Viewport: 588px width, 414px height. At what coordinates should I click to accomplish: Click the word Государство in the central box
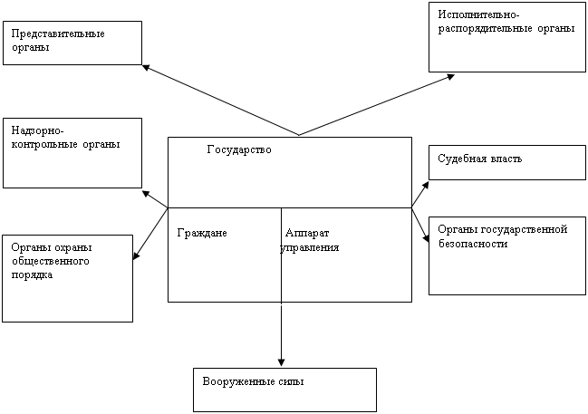click(239, 150)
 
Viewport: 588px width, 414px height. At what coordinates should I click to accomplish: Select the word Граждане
click(202, 233)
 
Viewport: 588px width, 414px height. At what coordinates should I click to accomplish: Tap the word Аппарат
click(307, 233)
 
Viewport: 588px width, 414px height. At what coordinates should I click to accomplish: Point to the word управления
click(310, 248)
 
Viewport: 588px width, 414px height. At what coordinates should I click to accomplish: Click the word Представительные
click(58, 34)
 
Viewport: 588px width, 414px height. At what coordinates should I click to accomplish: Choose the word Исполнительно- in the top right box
click(479, 15)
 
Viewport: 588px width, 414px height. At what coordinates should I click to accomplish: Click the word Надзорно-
click(38, 130)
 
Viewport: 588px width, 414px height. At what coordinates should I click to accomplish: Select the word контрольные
click(44, 145)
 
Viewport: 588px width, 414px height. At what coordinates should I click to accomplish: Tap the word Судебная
click(462, 159)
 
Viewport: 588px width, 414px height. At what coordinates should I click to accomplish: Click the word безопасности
click(473, 244)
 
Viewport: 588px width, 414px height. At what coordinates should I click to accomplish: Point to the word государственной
click(524, 230)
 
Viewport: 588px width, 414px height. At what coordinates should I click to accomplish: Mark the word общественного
click(50, 262)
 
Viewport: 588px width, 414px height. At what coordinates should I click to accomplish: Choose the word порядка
click(32, 275)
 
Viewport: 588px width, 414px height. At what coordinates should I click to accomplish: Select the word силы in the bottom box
click(292, 382)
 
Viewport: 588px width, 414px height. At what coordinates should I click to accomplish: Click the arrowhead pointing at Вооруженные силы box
click(281, 361)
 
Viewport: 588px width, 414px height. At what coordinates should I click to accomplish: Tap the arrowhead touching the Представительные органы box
click(146, 68)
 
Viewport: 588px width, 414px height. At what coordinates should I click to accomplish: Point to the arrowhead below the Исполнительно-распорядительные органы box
click(450, 77)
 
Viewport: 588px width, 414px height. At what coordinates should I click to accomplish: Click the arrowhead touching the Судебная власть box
click(426, 185)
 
